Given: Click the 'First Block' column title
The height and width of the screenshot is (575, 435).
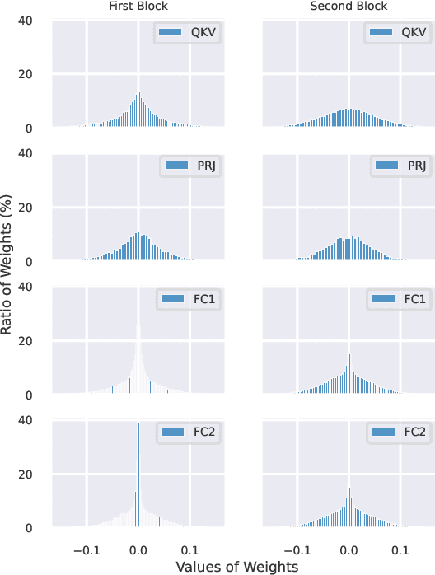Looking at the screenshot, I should click(138, 7).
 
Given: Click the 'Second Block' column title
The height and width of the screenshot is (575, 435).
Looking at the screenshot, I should click(348, 7).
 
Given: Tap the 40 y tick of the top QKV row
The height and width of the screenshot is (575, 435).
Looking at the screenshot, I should click(26, 19).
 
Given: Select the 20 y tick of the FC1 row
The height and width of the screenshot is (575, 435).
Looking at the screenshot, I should click(26, 340).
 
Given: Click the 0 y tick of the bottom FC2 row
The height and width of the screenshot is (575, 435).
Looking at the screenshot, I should click(29, 528).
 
